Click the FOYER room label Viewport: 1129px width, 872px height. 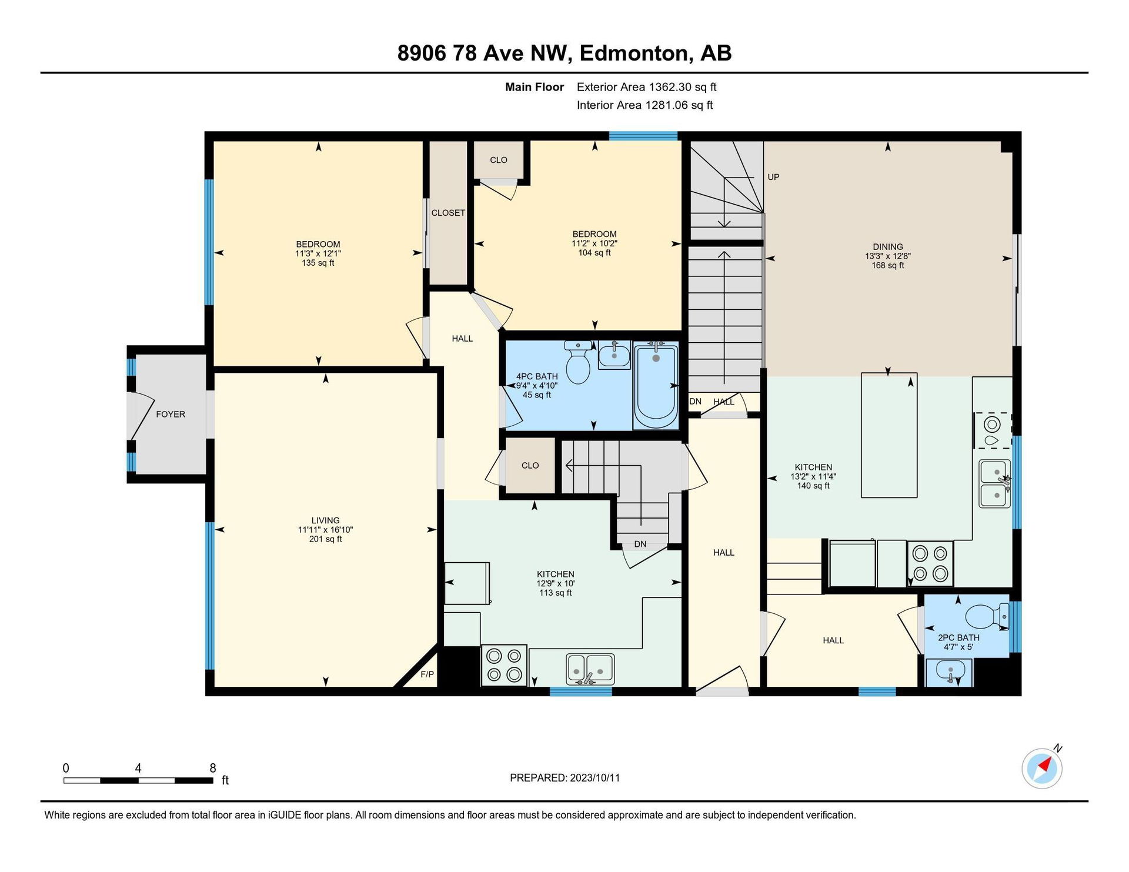tap(171, 414)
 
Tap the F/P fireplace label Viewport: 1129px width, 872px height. tap(427, 674)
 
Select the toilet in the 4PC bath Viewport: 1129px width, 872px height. tap(578, 362)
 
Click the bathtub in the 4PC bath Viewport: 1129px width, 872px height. tap(655, 386)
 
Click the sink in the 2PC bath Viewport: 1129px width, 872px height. tap(949, 672)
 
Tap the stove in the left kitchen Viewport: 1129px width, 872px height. tap(504, 666)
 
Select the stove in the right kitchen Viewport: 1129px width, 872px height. tap(930, 563)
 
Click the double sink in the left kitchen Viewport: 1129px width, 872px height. tap(590, 669)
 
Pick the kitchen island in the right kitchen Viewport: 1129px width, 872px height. tap(889, 435)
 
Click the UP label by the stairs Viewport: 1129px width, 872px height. tap(773, 177)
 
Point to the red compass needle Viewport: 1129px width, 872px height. tap(1044, 764)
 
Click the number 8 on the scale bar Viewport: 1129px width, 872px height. tap(213, 768)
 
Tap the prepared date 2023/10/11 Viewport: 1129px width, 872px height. tap(595, 778)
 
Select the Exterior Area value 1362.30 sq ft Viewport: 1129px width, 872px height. tap(683, 87)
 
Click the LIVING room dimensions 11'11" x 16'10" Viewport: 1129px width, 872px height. tap(325, 530)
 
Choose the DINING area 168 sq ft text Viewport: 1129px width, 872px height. tap(888, 265)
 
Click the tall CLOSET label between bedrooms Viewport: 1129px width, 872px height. tap(448, 213)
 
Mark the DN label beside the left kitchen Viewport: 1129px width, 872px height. tap(640, 544)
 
